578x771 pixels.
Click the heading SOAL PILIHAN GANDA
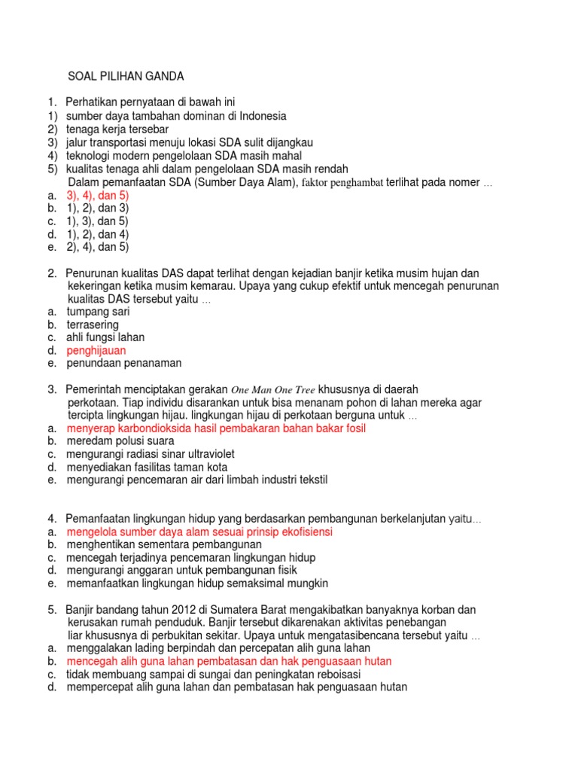[126, 76]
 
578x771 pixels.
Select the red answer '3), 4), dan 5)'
[98, 194]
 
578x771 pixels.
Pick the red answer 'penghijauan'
[96, 350]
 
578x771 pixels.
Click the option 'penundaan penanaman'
[124, 363]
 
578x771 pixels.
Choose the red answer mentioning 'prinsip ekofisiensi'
[199, 532]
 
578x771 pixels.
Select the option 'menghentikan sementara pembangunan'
[164, 544]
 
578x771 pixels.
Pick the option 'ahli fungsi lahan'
[105, 337]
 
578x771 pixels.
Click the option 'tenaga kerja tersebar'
[117, 129]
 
